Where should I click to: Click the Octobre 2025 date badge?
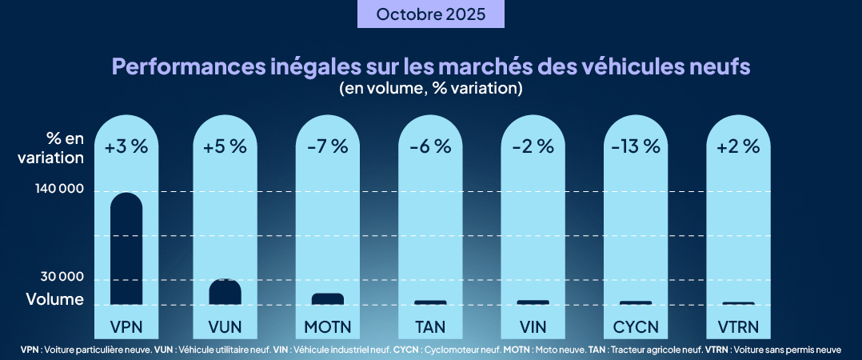point(430,14)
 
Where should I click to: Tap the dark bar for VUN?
point(225,292)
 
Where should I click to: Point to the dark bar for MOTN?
point(328,299)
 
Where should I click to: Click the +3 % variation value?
point(126,146)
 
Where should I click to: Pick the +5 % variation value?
point(225,146)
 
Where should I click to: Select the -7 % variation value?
point(328,146)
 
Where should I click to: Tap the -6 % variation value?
point(430,146)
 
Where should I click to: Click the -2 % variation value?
point(533,146)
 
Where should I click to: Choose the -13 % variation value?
point(635,146)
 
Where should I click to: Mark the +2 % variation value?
point(737,146)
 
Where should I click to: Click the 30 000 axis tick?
point(62,277)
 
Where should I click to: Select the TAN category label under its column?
point(430,326)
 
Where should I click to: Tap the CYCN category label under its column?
point(635,326)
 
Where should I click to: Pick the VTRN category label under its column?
point(737,326)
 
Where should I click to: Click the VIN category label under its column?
point(533,326)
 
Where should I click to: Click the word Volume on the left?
point(54,300)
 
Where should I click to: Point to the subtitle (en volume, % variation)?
point(430,88)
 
